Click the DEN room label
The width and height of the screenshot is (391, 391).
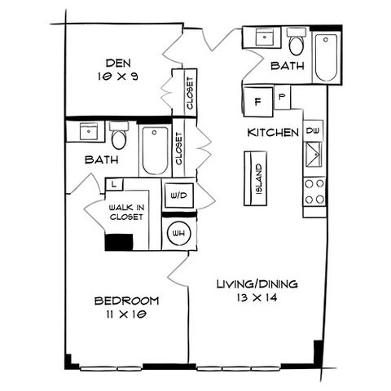pos(118,63)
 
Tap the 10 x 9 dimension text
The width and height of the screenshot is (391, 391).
pos(118,77)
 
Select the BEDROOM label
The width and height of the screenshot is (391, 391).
pos(126,301)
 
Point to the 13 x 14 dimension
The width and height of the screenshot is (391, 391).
pos(257,298)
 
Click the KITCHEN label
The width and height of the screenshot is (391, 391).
pos(273,133)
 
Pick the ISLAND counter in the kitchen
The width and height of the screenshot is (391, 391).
pos(255,178)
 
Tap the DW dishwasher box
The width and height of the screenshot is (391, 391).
pos(313,130)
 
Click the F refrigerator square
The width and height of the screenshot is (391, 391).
pos(258,102)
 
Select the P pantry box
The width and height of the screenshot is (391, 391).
pos(282,97)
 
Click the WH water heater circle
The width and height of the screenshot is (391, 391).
pos(179,234)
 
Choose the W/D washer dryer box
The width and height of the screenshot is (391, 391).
pos(179,195)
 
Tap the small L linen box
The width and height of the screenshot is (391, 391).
pos(114,184)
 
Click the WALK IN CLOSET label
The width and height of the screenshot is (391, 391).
pos(126,213)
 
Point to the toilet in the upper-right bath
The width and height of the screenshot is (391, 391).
pos(297,42)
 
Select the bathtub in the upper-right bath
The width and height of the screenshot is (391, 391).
pos(327,58)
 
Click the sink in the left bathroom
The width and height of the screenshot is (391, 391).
pos(89,131)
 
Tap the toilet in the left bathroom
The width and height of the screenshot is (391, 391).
pos(119,135)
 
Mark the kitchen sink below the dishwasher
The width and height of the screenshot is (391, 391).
pos(314,155)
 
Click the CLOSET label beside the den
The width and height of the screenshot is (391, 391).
pos(190,94)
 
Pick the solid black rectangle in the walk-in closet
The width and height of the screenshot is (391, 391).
pos(119,242)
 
